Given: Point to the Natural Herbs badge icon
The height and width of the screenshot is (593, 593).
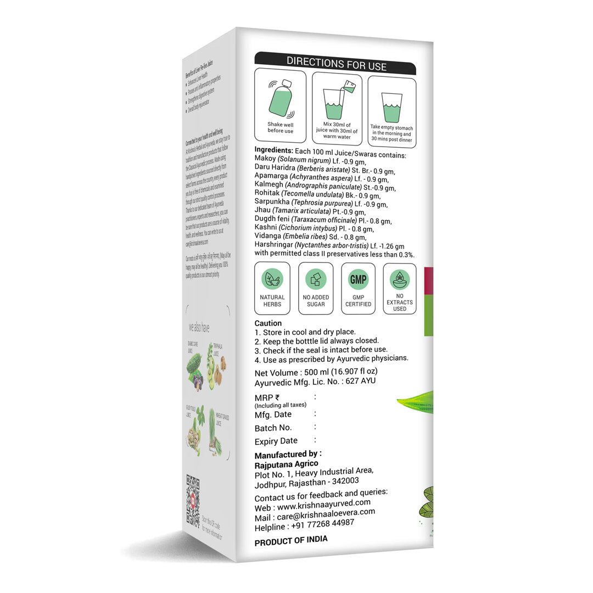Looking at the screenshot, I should pos(272,279).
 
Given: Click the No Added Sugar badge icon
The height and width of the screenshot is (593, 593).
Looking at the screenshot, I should pos(316,279).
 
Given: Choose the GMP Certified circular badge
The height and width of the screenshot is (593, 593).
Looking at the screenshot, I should pos(358,279).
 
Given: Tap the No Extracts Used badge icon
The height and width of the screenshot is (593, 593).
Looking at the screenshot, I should pos(400,279).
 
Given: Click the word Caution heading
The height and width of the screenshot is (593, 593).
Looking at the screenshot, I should pos(268,323).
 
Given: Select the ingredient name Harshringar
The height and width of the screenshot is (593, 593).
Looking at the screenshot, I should pos(273,245).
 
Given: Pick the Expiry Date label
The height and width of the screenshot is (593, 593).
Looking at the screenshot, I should pos(276,441).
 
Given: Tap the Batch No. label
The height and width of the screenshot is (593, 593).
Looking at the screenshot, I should pos(273,428).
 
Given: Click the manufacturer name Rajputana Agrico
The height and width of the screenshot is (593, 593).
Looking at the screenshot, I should pos(286,464).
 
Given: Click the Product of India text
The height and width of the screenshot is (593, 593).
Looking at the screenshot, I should pos(291,540).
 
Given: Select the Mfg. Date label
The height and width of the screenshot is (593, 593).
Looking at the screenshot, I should pos(273,415).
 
